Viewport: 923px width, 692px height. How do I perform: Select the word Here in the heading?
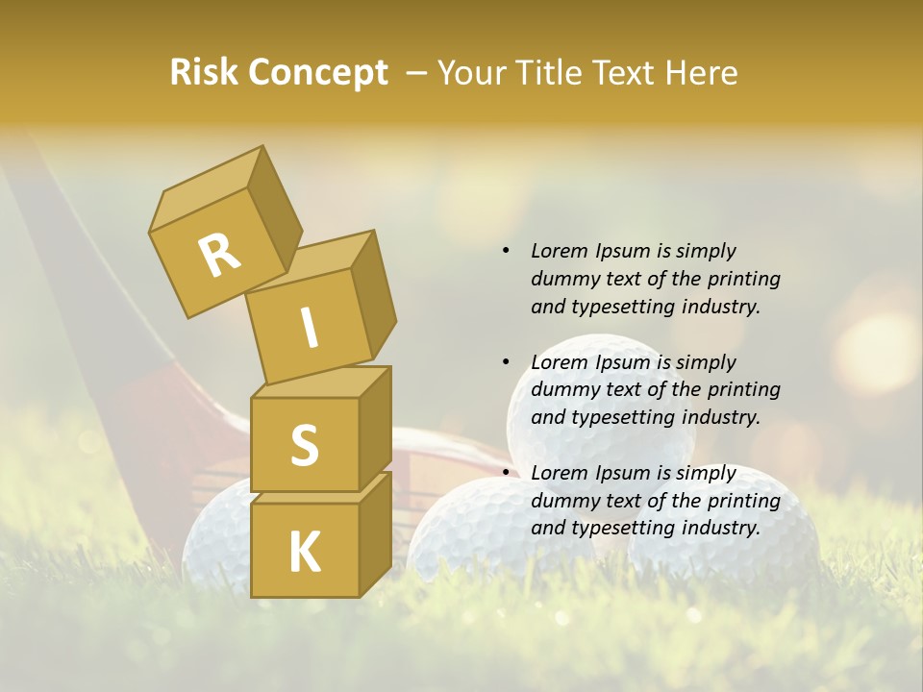(x=705, y=73)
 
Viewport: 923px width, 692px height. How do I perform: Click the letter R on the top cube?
(x=218, y=255)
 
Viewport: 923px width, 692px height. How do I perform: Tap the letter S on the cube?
(x=304, y=445)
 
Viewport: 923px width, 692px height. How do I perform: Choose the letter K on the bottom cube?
(x=304, y=553)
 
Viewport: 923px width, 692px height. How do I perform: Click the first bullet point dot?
(x=506, y=252)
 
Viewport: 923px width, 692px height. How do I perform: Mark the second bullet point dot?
(x=506, y=362)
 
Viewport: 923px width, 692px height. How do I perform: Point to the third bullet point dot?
(x=506, y=473)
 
